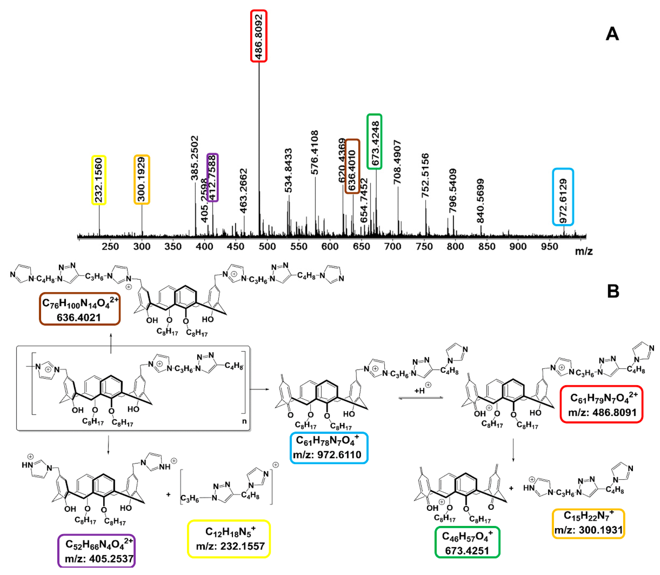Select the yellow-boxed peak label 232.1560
(x=99, y=180)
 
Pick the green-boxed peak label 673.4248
(x=374, y=141)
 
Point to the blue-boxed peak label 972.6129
(x=563, y=197)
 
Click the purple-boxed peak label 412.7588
(x=213, y=177)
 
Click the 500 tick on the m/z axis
(x=267, y=247)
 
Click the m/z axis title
(x=584, y=251)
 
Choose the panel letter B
(x=613, y=291)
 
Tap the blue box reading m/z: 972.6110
(x=329, y=448)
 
